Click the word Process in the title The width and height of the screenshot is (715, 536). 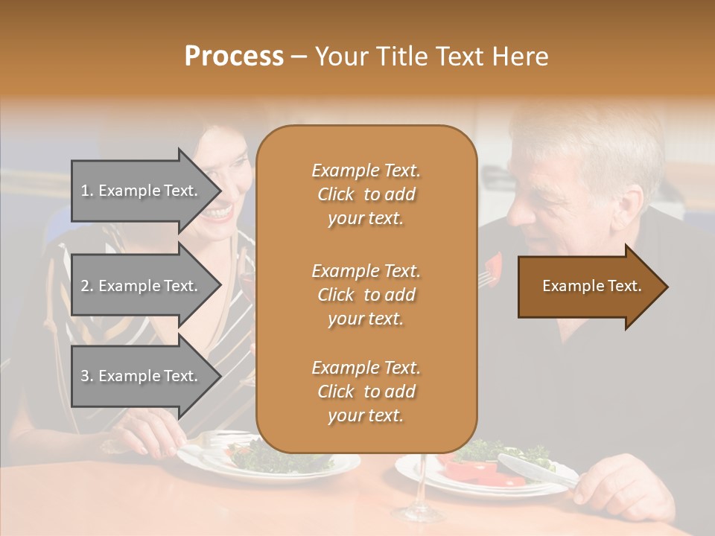[x=234, y=57]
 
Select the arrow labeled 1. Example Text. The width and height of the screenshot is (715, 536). [x=142, y=191]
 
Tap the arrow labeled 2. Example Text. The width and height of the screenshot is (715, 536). [x=142, y=286]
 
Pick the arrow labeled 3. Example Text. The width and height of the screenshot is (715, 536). [x=142, y=376]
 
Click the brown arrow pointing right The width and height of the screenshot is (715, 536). [x=591, y=287]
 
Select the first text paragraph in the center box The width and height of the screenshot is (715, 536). [x=366, y=194]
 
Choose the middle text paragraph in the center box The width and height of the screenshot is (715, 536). [x=366, y=295]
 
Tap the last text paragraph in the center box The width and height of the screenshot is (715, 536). [x=366, y=392]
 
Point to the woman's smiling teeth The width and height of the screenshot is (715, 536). [x=217, y=213]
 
